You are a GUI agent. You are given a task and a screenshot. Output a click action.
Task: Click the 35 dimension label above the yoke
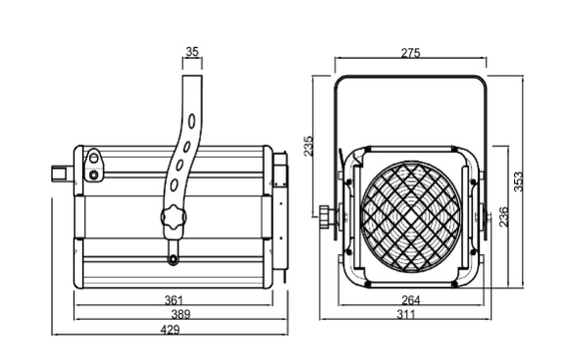pos(192,52)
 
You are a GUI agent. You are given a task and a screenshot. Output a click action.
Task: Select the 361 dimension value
pos(174,300)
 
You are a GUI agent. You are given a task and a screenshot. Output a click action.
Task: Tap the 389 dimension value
pos(180,314)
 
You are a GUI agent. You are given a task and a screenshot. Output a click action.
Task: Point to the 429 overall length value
pos(170,330)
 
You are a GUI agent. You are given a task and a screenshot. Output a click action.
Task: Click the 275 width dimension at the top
pos(410,53)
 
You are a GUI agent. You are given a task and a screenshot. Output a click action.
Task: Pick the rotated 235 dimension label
pos(308,146)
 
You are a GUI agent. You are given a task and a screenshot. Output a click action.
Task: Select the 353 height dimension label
pos(518,181)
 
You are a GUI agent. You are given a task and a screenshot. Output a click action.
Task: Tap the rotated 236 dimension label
pos(503,216)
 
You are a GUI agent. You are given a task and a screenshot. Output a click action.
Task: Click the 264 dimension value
pos(411,300)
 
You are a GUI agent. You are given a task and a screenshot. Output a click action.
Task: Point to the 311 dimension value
pos(406,315)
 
